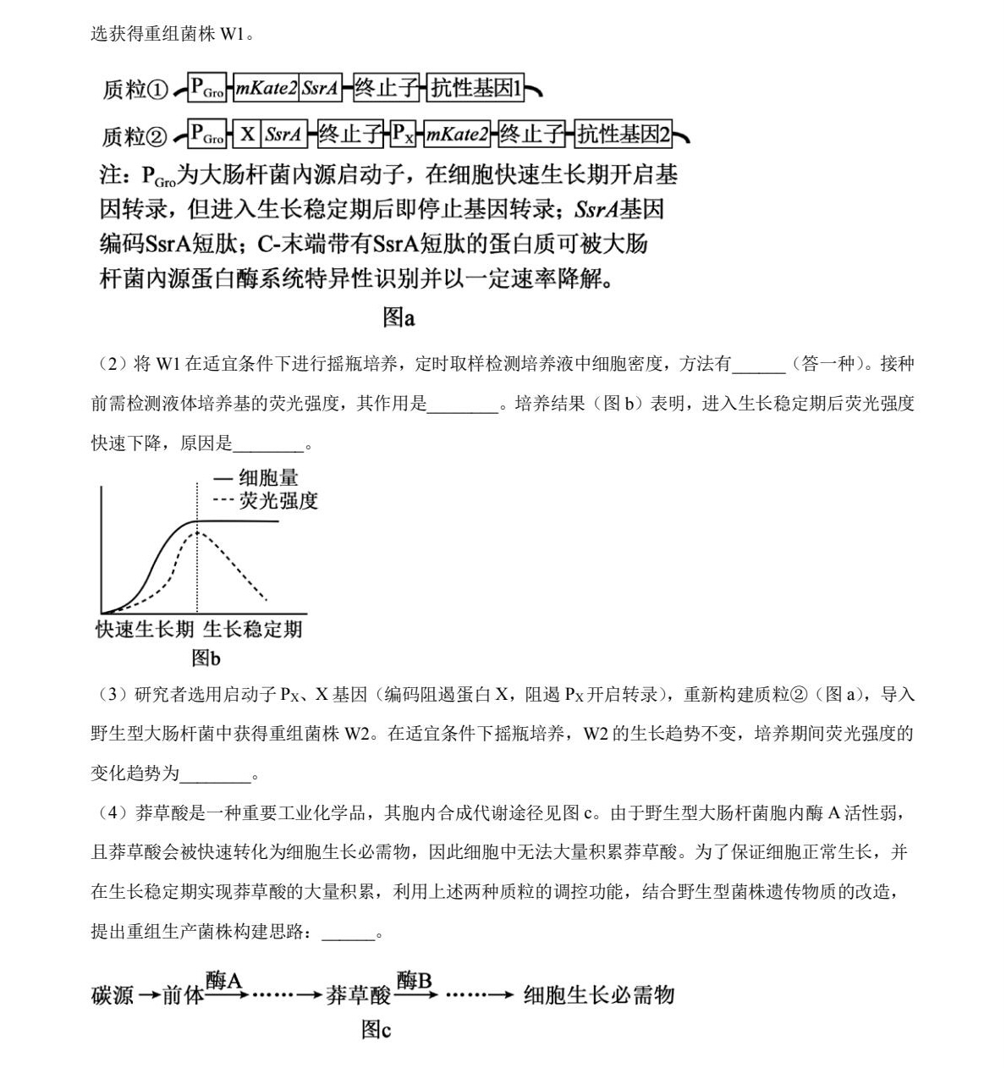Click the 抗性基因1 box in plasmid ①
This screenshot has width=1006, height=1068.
point(476,88)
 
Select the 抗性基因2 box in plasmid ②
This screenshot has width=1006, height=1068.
point(623,134)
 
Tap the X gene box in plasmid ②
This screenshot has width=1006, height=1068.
point(247,134)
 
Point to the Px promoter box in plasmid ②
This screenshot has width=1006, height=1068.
point(402,134)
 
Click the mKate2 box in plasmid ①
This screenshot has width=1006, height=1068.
point(266,88)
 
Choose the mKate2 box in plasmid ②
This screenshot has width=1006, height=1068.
point(457,134)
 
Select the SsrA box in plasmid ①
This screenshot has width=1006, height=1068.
point(321,88)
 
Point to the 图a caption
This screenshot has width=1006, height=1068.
point(399,317)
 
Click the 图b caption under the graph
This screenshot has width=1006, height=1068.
point(206,658)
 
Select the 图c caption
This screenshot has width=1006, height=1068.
point(376,1029)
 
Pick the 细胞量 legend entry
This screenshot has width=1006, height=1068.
point(268,478)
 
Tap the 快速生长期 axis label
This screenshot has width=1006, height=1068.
point(145,630)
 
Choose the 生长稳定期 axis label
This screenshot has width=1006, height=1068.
point(252,630)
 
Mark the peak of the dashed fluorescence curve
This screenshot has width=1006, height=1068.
point(196,531)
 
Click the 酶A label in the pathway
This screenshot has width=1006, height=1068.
point(224,981)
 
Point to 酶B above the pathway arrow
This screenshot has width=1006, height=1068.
point(415,981)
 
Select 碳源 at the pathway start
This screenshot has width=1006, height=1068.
point(113,995)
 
